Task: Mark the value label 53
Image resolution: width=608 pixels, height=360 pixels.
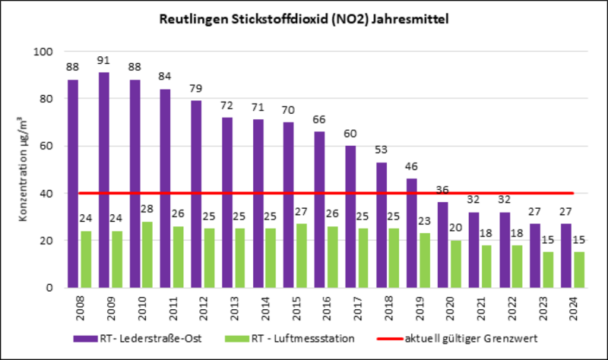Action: (x=381, y=150)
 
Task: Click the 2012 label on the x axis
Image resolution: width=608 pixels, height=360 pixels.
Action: (x=196, y=308)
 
